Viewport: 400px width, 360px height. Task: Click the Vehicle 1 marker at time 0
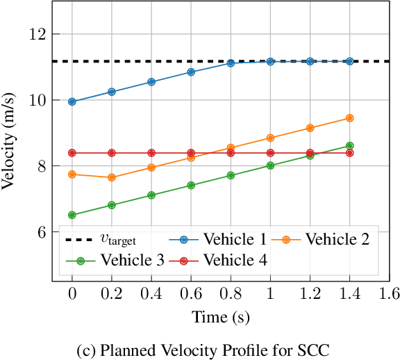point(72,101)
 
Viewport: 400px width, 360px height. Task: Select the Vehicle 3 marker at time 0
point(72,215)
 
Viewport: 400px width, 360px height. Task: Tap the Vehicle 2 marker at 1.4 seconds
point(349,118)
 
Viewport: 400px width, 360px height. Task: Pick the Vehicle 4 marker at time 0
point(72,153)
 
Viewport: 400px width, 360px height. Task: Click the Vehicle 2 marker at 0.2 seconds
point(112,177)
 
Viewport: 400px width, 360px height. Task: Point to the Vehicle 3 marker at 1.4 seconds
point(349,146)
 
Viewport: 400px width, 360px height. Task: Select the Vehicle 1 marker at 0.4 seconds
point(151,82)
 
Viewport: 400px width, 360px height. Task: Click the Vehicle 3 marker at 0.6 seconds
point(191,186)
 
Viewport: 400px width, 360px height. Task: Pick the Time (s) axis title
point(220,318)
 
